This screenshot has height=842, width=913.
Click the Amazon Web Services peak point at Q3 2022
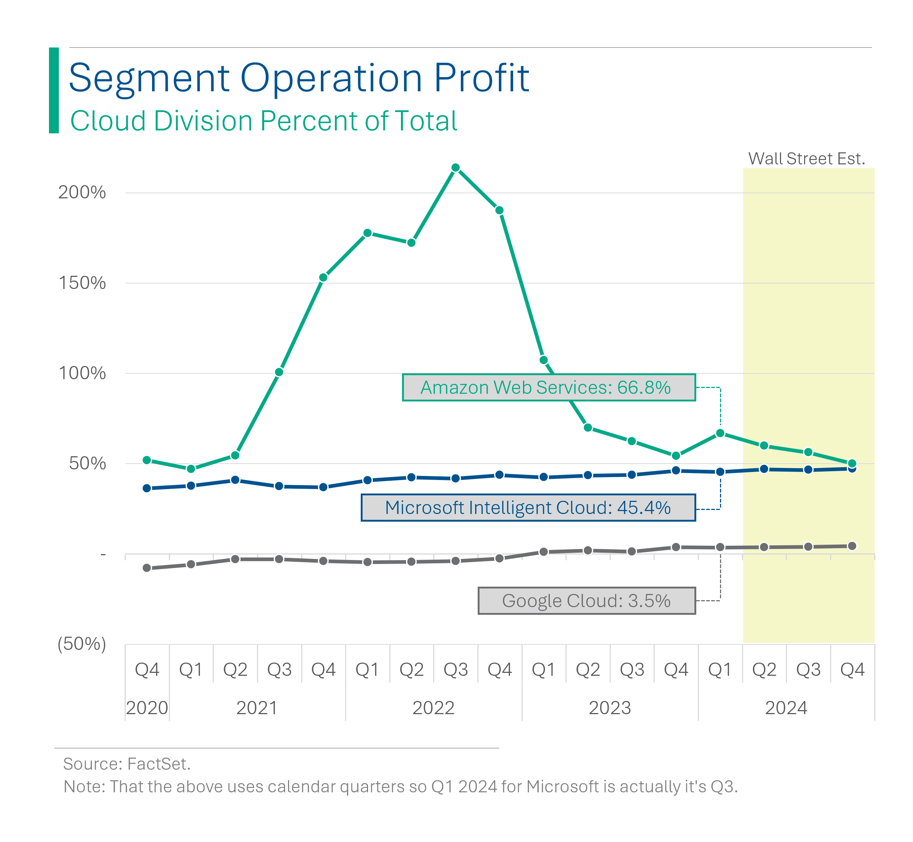click(x=455, y=168)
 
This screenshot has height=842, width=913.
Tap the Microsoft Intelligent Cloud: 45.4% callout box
click(x=528, y=507)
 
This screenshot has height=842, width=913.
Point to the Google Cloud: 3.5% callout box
click(x=586, y=601)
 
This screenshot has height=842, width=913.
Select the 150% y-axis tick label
click(x=82, y=283)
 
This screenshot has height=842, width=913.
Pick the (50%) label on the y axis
click(x=82, y=643)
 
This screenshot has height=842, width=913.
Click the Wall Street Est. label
click(x=806, y=159)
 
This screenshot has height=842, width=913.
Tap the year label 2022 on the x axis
click(x=433, y=708)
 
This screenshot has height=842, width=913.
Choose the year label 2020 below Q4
click(x=147, y=708)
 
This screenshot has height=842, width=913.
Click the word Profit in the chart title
click(x=481, y=79)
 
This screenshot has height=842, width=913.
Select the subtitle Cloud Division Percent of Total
click(x=264, y=121)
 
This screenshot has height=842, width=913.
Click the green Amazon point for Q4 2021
click(x=323, y=278)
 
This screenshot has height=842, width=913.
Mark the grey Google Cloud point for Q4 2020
click(x=147, y=568)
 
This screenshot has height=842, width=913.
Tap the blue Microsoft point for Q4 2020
click(x=147, y=488)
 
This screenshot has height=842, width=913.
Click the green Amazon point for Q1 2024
click(x=720, y=433)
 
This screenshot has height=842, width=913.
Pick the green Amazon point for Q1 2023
click(x=543, y=360)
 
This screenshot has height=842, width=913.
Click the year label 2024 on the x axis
click(x=786, y=708)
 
